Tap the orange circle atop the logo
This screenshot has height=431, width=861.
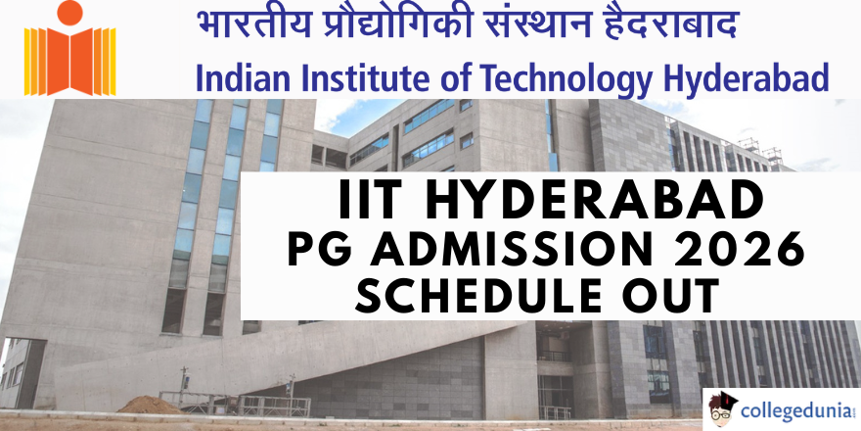click(x=69, y=12)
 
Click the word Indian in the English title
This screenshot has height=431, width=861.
click(x=227, y=78)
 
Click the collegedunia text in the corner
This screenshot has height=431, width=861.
click(x=796, y=410)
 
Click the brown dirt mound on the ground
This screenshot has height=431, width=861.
click(x=150, y=406)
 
